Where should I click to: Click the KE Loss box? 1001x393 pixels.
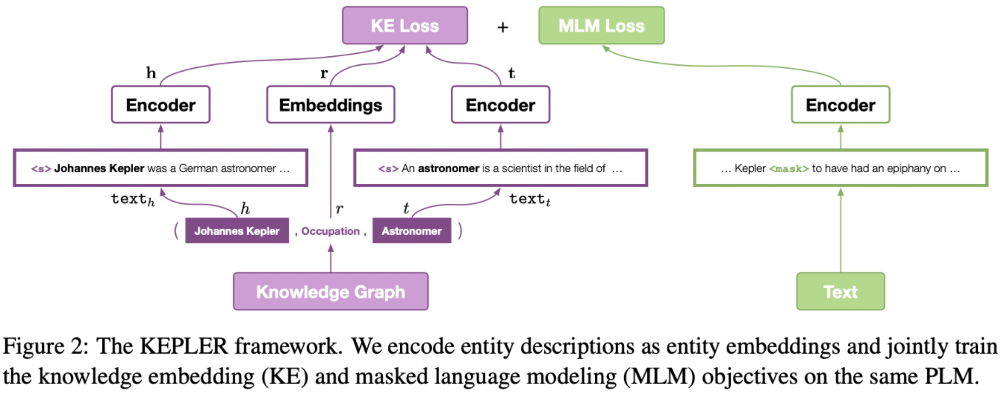[x=404, y=26]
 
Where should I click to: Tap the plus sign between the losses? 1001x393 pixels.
[x=503, y=27]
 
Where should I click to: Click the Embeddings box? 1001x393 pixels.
[x=330, y=105]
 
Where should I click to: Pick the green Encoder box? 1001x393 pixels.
[x=841, y=105]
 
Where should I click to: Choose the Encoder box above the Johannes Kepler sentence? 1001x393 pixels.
[x=160, y=105]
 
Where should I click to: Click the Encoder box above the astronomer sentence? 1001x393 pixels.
[x=500, y=105]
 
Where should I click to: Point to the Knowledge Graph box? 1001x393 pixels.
[x=330, y=291]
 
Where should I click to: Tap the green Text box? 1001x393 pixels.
[x=841, y=291]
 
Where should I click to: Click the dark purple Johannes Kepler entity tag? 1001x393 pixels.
[x=237, y=231]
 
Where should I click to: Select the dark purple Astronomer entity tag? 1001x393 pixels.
[x=412, y=231]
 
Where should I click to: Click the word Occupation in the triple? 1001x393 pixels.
[x=330, y=231]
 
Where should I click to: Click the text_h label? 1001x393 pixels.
[x=132, y=199]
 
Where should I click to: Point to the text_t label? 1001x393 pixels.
[x=529, y=199]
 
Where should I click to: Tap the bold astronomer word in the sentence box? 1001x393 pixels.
[x=449, y=168]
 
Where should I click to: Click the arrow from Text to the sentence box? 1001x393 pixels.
[x=841, y=229]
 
